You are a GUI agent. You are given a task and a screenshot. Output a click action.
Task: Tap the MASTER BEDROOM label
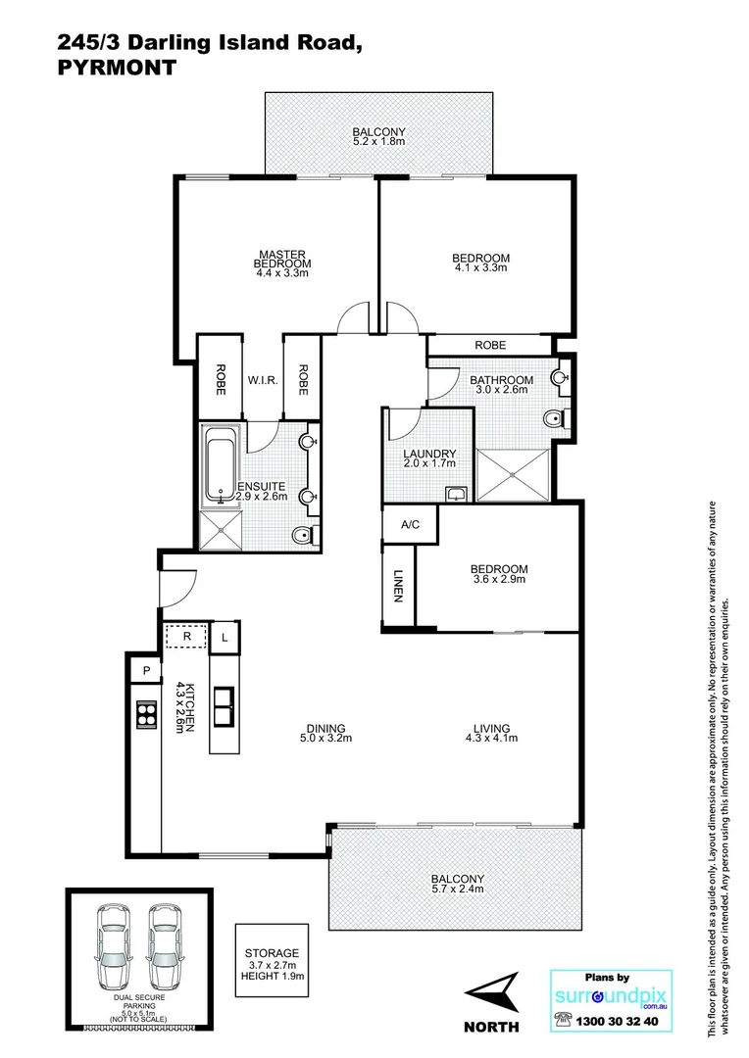[x=282, y=259]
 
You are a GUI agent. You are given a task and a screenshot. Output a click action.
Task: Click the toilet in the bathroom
[x=556, y=420]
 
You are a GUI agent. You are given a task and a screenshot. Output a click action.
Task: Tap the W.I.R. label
[x=260, y=380]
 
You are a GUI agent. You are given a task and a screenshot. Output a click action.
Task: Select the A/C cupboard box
[x=410, y=525]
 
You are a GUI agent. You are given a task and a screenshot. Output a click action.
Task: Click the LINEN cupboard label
[x=399, y=585]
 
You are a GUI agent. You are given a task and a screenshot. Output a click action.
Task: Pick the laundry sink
[x=456, y=493]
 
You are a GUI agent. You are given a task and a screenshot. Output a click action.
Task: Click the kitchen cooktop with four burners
[x=146, y=715]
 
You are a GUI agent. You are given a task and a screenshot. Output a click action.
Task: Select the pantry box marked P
[x=146, y=671]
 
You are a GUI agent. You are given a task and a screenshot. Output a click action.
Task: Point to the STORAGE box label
[x=272, y=953]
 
